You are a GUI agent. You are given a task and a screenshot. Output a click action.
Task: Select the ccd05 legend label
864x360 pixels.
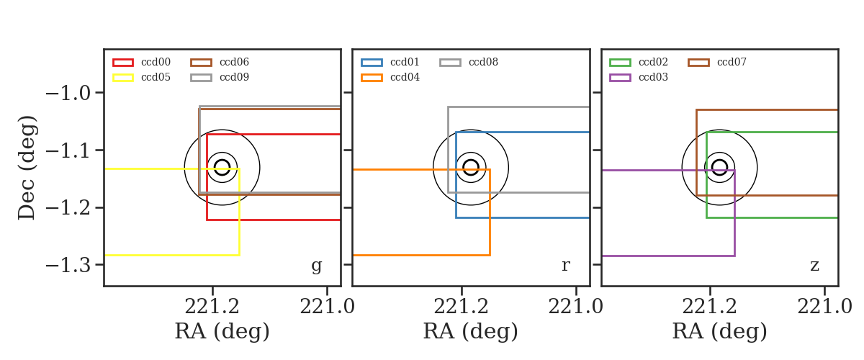point(156,77)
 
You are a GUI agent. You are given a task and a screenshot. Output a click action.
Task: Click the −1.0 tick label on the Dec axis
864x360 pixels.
point(68,93)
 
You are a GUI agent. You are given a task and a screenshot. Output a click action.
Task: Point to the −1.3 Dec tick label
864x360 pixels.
point(68,265)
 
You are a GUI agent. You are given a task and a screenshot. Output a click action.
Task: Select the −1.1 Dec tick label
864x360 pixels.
point(68,150)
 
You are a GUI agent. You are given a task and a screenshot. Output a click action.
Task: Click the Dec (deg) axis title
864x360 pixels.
point(27,168)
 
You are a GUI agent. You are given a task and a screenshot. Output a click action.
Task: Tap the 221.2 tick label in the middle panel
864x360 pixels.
point(461,307)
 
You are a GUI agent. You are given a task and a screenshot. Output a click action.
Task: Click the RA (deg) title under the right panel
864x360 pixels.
point(720,331)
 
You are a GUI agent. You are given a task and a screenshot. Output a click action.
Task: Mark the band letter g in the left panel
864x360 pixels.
point(316,266)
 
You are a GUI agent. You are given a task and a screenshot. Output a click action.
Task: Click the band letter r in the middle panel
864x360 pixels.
point(565,265)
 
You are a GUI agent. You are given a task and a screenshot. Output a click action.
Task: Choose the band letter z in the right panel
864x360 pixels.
point(814,266)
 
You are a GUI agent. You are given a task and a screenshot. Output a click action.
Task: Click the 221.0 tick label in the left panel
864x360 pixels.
point(327,307)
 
